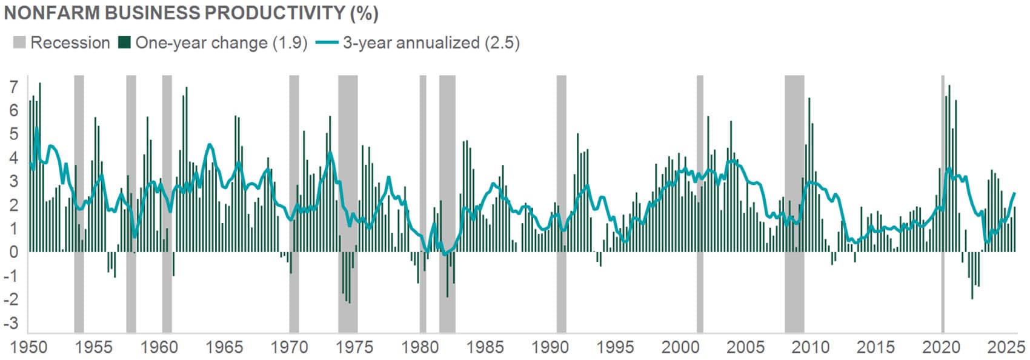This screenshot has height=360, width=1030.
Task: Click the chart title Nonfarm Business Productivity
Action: [191, 13]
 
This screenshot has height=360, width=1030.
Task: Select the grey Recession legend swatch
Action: [19, 43]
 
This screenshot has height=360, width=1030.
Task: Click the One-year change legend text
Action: [221, 43]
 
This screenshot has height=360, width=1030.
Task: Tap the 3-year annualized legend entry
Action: [431, 43]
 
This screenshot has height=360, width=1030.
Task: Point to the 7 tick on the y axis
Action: [13, 87]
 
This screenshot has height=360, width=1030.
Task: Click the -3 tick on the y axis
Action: [11, 323]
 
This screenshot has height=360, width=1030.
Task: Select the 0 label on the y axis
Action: [13, 252]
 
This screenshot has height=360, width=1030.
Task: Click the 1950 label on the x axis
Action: [29, 347]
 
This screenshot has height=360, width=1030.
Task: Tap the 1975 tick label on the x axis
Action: [355, 347]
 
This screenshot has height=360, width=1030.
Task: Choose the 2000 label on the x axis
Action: [680, 347]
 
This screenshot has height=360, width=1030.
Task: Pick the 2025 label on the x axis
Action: [1005, 347]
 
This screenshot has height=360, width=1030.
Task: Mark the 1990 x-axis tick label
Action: [550, 347]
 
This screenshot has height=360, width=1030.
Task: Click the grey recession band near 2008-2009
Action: [794, 200]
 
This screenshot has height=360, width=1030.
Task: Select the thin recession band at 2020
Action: [943, 200]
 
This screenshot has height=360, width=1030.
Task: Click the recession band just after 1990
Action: [562, 200]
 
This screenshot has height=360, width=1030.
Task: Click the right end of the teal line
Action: [1015, 193]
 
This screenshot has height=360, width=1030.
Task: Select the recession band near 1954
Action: [79, 200]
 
